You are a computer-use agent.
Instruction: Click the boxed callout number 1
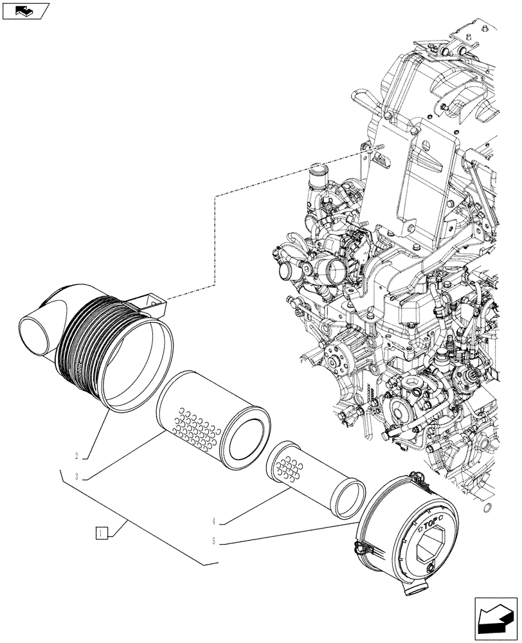point(101,532)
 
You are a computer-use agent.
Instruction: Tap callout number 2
point(76,456)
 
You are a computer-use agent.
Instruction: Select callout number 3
point(76,476)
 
